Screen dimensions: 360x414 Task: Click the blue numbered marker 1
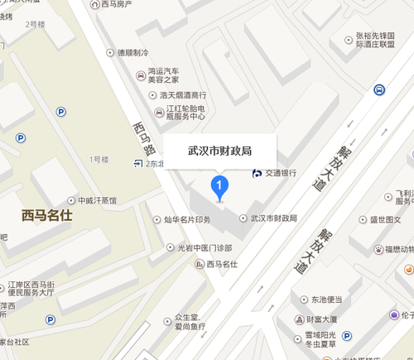[219, 187]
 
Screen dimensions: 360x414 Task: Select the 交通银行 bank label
[280, 173]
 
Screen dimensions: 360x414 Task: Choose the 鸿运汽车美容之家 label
[168, 77]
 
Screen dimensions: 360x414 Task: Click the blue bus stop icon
[378, 90]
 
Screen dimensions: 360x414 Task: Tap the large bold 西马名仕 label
[49, 217]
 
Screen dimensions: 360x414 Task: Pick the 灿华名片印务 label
[191, 219]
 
